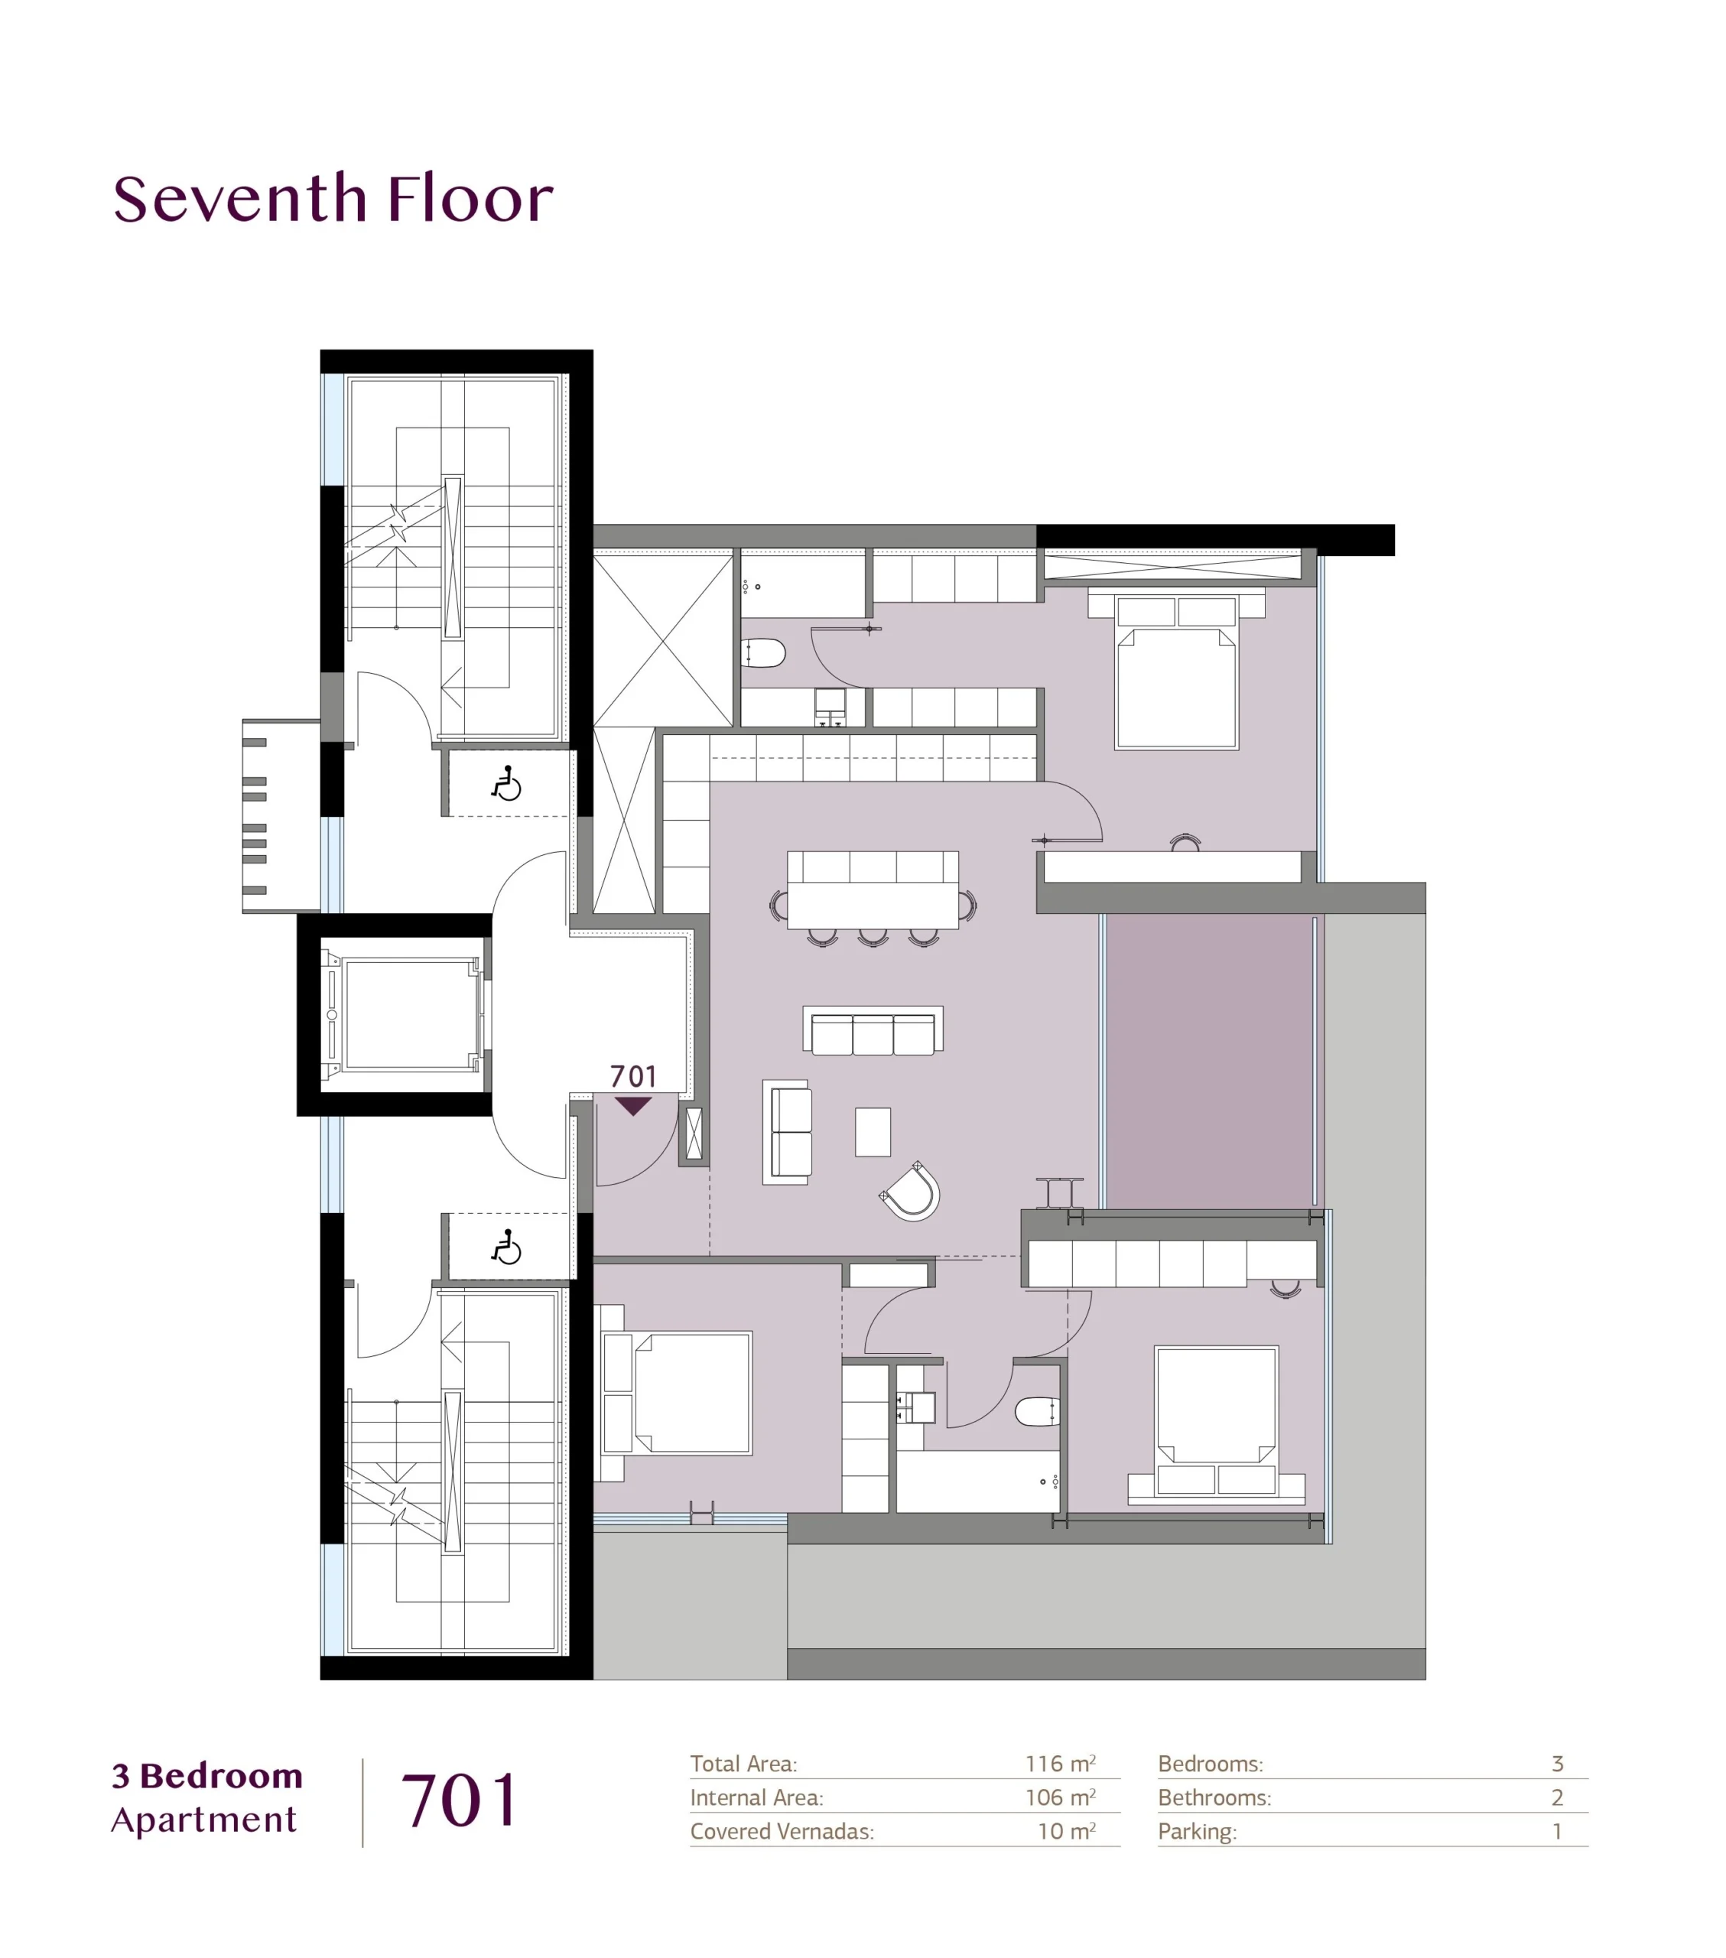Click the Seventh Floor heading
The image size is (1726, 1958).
[333, 200]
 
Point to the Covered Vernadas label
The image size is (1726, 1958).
[782, 1832]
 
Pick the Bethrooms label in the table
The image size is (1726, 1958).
[1214, 1798]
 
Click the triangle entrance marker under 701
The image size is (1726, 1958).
[633, 1107]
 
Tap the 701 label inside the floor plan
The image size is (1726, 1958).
[633, 1077]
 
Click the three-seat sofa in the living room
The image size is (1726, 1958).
[873, 1031]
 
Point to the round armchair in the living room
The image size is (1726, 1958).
[910, 1192]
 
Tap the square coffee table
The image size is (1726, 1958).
[873, 1131]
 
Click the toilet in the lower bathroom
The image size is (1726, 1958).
[1037, 1411]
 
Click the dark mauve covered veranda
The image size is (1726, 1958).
[1211, 1062]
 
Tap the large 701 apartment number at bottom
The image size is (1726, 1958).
[460, 1802]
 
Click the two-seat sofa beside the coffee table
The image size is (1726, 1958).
[788, 1132]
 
